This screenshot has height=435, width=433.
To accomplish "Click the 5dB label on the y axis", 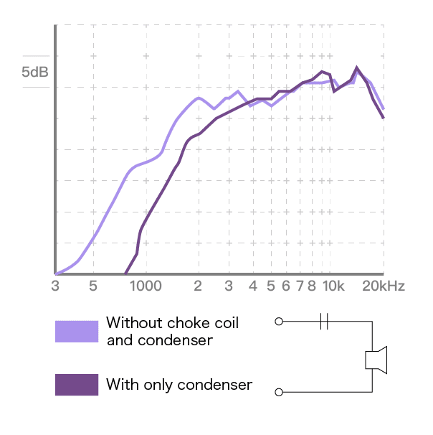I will tap(36, 72).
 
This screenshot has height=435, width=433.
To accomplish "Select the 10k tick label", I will tap(333, 286).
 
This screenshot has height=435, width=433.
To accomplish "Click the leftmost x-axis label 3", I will tap(55, 286).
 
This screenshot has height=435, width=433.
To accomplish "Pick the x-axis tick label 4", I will tap(252, 286).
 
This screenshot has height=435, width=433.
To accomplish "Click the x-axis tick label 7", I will tap(299, 286).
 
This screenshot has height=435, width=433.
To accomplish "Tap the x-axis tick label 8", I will tap(312, 286).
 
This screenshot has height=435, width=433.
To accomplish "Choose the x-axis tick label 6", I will tap(286, 286).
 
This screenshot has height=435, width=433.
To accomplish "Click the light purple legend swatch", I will tap(77, 332).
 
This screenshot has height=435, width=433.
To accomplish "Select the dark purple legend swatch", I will tap(77, 385).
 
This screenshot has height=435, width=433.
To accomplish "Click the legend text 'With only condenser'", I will tap(179, 385).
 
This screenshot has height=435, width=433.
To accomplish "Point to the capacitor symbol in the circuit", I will tap(325, 322).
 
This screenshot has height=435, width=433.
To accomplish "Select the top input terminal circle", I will tap(279, 322).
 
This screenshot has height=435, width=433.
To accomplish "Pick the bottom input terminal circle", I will tap(279, 392).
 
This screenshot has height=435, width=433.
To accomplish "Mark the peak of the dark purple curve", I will tap(357, 67).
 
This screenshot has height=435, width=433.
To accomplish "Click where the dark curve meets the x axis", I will tap(126, 273).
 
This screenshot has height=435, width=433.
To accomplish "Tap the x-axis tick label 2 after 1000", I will tap(198, 286).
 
